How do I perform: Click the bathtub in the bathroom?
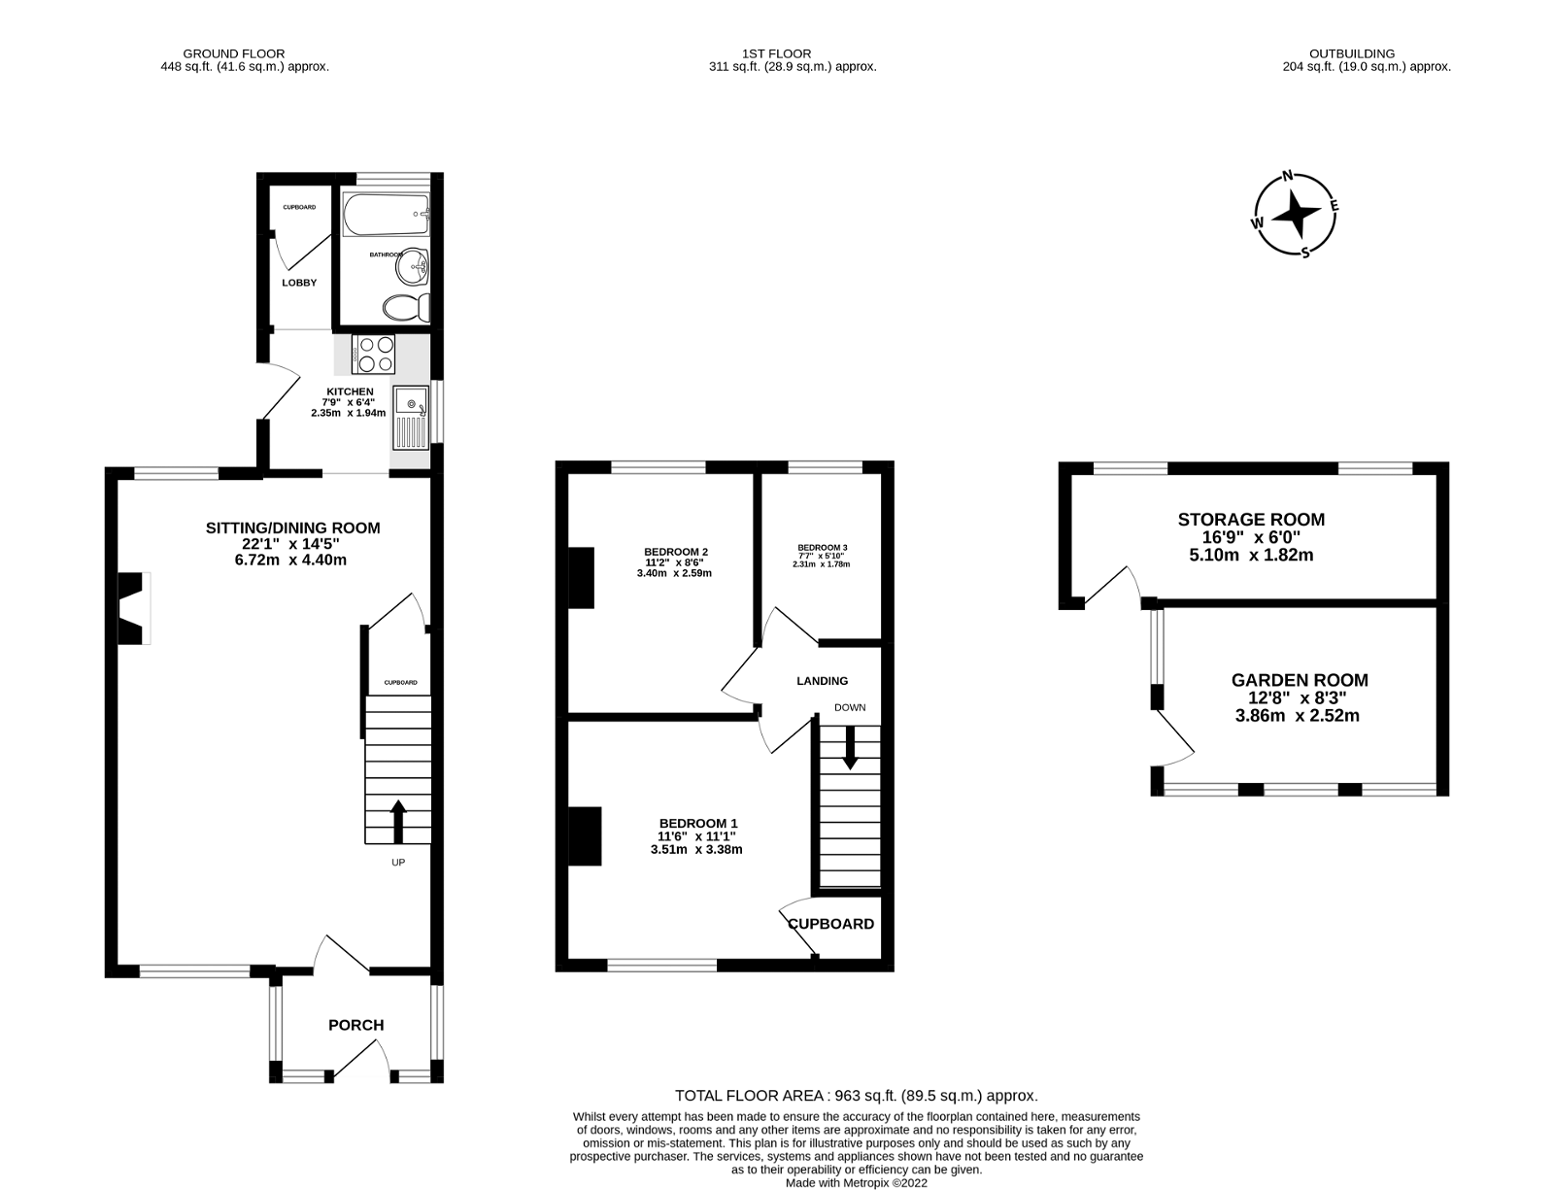[387, 215]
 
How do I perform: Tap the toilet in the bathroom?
[406, 308]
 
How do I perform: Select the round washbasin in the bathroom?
[412, 267]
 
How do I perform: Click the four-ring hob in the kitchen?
[373, 354]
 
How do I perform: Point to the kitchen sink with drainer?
[411, 418]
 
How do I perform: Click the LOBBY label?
[299, 283]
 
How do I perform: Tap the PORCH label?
[356, 1026]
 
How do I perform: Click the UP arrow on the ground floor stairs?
[398, 822]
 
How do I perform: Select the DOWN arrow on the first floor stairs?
[849, 748]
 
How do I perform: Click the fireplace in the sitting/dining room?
[134, 608]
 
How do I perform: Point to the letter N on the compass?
[1288, 176]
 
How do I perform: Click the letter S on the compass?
[1305, 253]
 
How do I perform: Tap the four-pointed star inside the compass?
[1295, 214]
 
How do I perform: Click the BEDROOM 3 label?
[823, 548]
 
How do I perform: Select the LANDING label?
[823, 681]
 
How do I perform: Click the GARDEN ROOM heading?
[1300, 680]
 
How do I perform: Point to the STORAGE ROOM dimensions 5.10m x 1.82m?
[1251, 555]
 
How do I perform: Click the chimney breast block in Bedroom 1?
[585, 836]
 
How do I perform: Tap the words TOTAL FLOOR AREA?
[750, 1096]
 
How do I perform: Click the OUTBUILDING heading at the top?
[1352, 53]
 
